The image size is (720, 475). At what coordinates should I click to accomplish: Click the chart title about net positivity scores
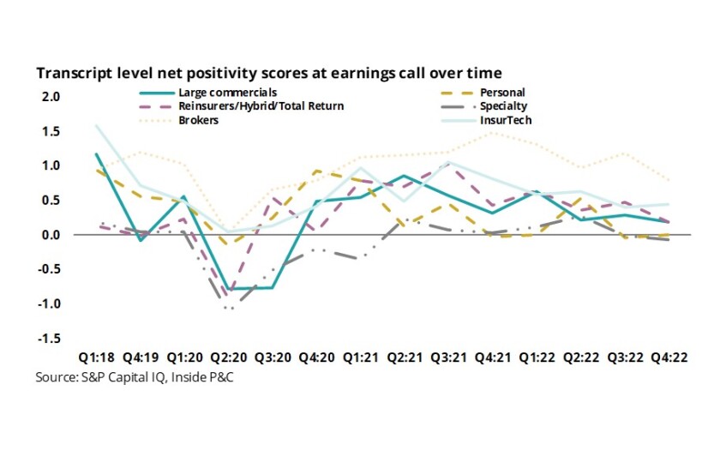click(267, 74)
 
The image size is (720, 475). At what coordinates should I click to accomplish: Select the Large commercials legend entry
click(227, 92)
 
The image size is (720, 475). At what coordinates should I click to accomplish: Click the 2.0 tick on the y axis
click(51, 97)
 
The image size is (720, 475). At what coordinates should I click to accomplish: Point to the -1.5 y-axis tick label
click(50, 338)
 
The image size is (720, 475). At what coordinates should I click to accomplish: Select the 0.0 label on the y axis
click(51, 235)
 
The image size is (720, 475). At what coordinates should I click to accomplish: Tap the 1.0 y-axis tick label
click(51, 165)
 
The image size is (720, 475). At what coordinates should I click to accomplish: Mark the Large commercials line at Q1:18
click(96, 154)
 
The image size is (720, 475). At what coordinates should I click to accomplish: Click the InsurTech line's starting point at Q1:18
click(96, 125)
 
